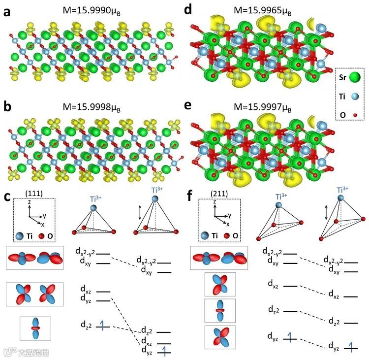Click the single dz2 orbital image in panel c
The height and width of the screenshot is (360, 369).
click(x=35, y=327)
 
